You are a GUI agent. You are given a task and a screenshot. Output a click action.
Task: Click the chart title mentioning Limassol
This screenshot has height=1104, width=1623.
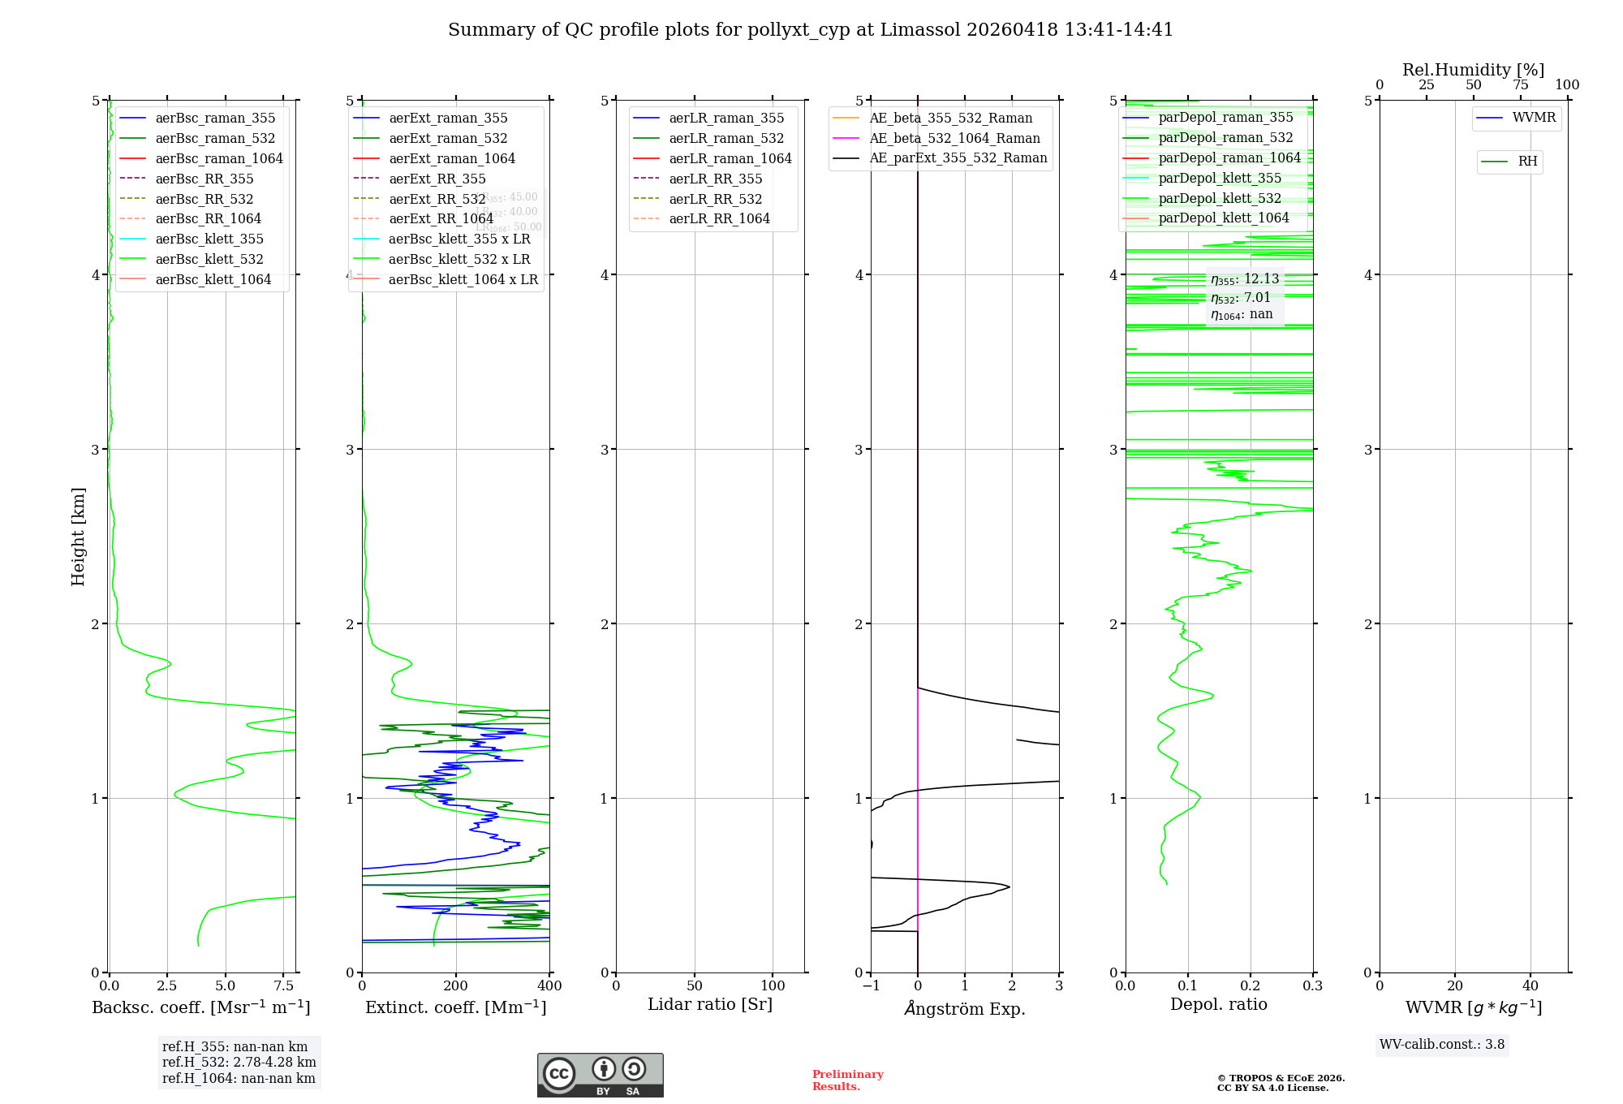[811, 30]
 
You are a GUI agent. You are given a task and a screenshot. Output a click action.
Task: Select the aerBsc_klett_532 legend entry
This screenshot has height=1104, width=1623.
[209, 259]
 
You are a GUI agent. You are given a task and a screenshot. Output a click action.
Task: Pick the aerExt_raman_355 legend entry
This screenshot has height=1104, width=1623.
[448, 118]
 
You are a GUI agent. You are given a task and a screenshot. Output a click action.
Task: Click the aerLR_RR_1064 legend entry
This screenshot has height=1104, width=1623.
[719, 218]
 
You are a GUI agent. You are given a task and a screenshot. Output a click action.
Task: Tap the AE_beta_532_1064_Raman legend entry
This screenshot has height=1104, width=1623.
[954, 138]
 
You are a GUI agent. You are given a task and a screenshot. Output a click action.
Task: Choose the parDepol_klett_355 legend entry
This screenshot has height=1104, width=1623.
[1220, 178]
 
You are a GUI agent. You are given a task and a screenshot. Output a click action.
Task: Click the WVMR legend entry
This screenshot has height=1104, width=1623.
[1534, 118]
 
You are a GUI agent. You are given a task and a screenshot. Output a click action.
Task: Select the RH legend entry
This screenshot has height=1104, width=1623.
[1527, 162]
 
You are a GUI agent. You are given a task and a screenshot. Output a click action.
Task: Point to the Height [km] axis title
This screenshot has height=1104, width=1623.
[78, 537]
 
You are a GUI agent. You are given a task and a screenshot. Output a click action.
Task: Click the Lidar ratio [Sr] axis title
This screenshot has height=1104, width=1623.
[710, 1005]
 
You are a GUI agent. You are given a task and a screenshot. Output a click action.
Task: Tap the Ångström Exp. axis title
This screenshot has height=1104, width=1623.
[965, 1008]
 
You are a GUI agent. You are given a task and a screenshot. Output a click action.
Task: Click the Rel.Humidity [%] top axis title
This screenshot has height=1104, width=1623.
[1473, 70]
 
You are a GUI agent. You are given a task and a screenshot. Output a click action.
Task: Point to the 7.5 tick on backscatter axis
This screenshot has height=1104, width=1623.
[284, 986]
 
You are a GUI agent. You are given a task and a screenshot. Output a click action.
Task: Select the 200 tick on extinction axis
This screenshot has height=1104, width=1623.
[456, 986]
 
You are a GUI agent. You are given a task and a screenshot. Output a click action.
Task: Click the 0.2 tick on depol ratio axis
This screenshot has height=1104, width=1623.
[1251, 986]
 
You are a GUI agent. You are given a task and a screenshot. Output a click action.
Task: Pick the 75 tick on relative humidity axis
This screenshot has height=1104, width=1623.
[1521, 85]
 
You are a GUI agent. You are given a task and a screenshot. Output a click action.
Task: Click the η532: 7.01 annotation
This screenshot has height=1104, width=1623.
[1241, 297]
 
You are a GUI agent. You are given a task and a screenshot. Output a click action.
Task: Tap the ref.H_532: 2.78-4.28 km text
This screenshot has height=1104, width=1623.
[239, 1062]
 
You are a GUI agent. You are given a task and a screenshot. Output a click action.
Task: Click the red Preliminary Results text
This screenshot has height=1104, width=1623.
[847, 1080]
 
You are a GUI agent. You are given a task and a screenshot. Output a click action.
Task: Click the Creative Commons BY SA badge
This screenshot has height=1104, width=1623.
[600, 1075]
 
